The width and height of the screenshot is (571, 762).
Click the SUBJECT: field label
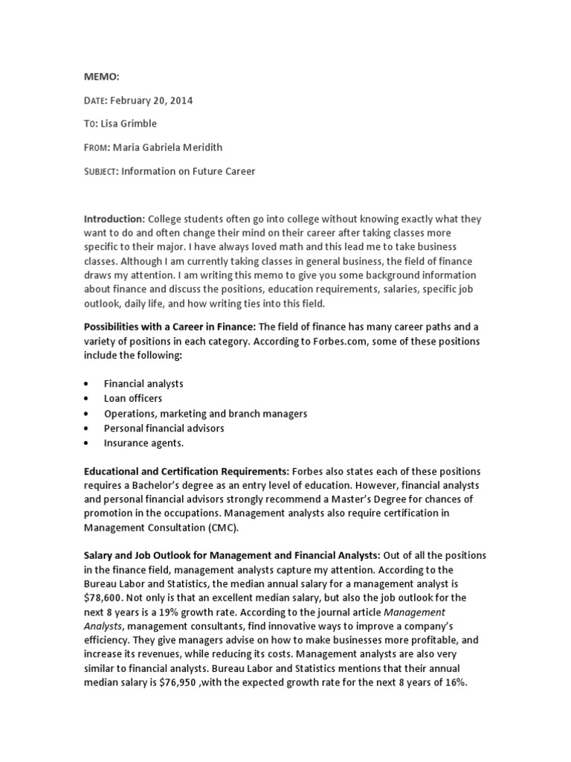[100, 171]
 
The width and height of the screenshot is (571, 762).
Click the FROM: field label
[97, 147]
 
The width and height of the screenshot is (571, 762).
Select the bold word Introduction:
[114, 219]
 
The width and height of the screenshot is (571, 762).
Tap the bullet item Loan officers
[132, 398]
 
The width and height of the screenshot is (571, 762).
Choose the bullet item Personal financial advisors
[164, 428]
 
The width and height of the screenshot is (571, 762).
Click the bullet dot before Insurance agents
[87, 443]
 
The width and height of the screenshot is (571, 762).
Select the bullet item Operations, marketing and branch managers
[205, 413]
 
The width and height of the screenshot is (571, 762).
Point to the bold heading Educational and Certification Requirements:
[186, 472]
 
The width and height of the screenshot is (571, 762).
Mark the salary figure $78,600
[106, 597]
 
